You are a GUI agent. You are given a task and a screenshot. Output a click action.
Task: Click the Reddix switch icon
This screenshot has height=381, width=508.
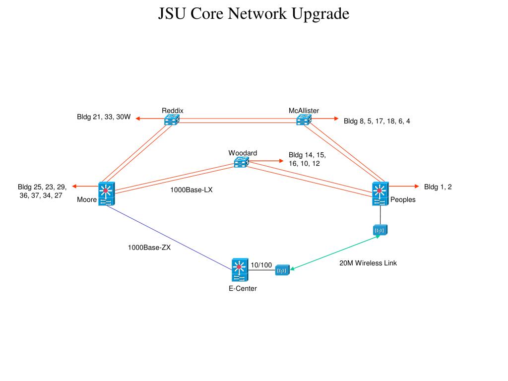172,120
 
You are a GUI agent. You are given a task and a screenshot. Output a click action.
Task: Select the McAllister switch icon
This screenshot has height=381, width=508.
304,120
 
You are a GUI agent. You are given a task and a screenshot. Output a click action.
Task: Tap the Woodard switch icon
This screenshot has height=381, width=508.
241,162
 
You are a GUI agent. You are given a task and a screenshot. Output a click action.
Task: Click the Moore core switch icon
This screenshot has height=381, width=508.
106,194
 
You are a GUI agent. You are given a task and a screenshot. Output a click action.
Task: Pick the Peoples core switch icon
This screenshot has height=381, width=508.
380,194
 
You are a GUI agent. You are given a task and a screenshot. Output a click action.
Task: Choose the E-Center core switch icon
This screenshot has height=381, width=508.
239,270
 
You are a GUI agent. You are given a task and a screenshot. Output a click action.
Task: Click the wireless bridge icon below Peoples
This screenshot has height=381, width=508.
380,231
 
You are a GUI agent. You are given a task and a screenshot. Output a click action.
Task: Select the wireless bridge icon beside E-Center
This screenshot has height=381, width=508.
282,270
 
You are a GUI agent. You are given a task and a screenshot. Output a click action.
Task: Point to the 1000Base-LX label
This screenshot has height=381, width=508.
191,190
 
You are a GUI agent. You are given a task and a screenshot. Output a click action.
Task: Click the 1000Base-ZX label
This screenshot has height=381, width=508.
149,248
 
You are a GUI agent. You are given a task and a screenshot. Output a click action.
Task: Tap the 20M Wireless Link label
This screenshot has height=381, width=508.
368,263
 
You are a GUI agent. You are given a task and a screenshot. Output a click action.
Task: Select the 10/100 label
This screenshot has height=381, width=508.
261,265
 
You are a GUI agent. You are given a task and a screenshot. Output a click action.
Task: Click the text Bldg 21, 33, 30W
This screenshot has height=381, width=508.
103,118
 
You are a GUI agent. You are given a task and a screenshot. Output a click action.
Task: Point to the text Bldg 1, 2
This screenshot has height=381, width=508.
438,187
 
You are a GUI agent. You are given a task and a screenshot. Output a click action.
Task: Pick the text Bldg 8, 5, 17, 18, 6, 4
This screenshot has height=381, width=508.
377,121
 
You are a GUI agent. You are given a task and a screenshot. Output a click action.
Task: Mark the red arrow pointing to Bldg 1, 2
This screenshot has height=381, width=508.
404,187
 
